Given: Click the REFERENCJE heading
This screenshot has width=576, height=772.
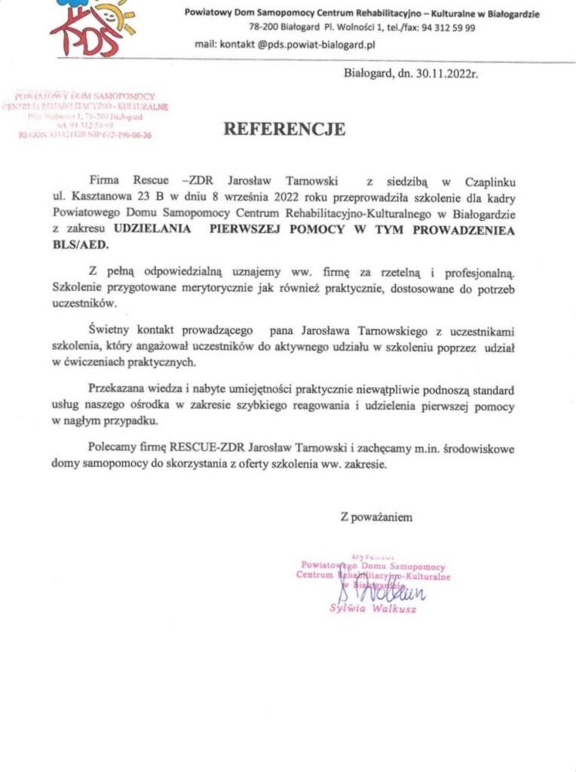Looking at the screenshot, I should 284,129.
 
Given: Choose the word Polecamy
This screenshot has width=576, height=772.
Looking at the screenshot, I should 113,449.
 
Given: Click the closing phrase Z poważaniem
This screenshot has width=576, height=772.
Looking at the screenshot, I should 376,517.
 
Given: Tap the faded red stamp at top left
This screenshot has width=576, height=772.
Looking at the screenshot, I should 85,115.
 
